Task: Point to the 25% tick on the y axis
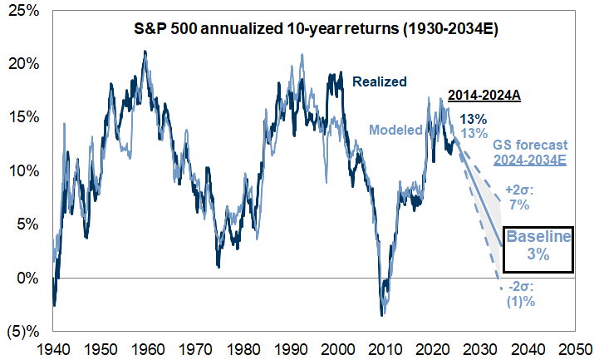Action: [23, 11]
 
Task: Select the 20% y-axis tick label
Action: [23, 64]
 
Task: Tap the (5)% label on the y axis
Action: [21, 332]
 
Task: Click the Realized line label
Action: [380, 81]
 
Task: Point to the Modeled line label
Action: [395, 130]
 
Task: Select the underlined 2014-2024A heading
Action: [484, 96]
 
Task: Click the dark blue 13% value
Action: [474, 118]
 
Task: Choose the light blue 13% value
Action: [474, 133]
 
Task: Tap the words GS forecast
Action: [530, 145]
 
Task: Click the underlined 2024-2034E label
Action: [530, 160]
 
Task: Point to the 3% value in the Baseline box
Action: [538, 255]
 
